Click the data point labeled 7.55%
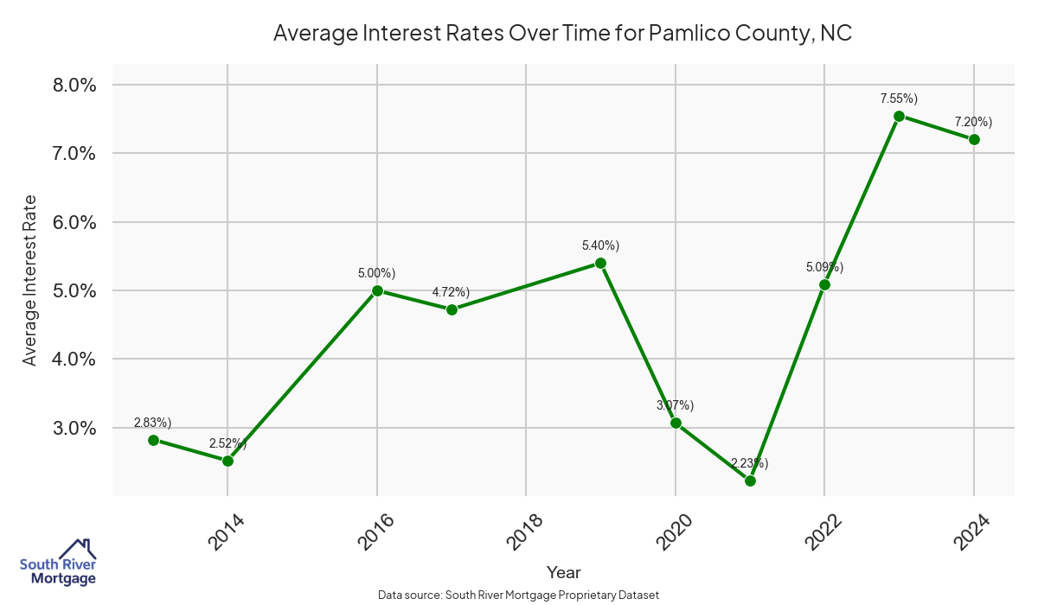click(x=899, y=116)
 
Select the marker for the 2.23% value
click(x=750, y=481)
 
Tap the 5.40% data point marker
click(x=600, y=263)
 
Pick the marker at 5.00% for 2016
click(x=377, y=290)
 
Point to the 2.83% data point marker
click(x=153, y=440)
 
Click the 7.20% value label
click(x=973, y=122)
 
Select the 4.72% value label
click(x=451, y=292)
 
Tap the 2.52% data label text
click(x=227, y=443)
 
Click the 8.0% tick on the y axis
click(x=74, y=85)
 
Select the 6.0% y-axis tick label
click(x=74, y=222)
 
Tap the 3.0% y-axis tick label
click(x=74, y=428)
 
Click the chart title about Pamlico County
click(x=563, y=34)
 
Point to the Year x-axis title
click(x=563, y=572)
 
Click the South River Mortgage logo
click(x=58, y=563)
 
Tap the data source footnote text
click(x=519, y=595)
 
